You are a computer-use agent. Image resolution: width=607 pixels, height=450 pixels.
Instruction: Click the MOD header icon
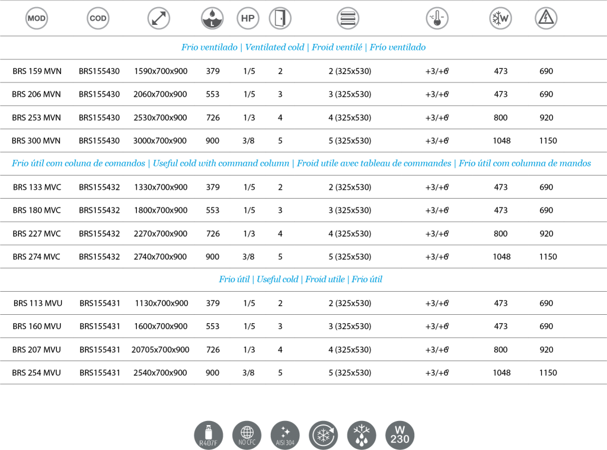click(36, 18)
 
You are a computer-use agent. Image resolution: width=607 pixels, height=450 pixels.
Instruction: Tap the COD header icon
click(98, 18)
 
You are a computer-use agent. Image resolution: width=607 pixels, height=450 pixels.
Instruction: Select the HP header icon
click(248, 18)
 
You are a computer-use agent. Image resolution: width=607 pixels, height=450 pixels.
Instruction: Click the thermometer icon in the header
click(437, 18)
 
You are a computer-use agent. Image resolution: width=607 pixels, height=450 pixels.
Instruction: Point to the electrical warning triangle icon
click(546, 18)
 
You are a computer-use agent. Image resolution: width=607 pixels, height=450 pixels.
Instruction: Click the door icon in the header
click(280, 18)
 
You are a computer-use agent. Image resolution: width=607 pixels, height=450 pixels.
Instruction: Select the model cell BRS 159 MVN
click(37, 71)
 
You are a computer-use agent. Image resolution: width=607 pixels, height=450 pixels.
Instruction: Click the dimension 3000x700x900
click(160, 141)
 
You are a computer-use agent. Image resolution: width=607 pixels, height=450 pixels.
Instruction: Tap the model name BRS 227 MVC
click(37, 234)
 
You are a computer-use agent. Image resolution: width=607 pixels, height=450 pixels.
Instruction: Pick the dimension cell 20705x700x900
click(160, 350)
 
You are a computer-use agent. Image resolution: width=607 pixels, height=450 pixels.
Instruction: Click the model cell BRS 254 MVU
click(36, 373)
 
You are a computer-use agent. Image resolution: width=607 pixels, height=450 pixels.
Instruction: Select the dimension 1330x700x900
click(161, 187)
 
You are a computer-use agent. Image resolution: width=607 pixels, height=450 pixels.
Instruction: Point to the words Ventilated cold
click(274, 47)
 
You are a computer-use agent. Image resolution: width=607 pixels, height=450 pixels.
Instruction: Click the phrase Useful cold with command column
click(221, 164)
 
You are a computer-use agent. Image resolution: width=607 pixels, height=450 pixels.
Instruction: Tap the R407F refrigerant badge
click(208, 435)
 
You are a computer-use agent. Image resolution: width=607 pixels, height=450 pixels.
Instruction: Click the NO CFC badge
click(247, 435)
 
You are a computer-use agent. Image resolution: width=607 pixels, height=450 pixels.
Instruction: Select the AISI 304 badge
click(285, 435)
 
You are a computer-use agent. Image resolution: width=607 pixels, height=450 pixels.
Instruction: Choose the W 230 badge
click(400, 435)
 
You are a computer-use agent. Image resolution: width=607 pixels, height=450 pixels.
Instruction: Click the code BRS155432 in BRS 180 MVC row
click(100, 210)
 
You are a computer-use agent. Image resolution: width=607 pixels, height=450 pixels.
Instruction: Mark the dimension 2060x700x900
click(160, 94)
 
